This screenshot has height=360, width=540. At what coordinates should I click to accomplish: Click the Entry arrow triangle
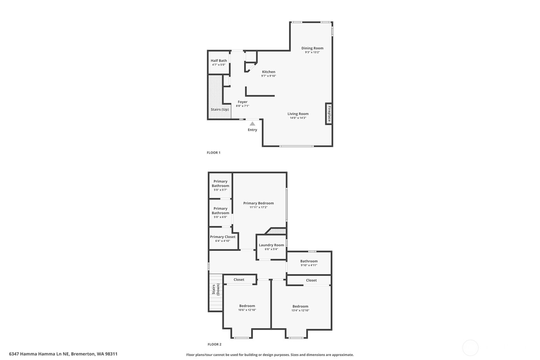click(x=252, y=124)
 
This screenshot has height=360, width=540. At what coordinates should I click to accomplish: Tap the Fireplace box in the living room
click(x=329, y=114)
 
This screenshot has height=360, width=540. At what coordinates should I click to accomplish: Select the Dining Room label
click(x=312, y=48)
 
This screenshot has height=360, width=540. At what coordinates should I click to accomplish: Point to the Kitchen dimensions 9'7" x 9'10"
click(x=269, y=76)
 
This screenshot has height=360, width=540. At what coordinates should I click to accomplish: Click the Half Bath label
click(x=219, y=61)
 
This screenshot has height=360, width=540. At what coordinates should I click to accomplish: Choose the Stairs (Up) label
click(x=220, y=109)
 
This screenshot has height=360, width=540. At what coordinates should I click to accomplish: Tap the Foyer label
click(x=242, y=102)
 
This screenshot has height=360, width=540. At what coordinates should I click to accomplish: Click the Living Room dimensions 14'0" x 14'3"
click(x=298, y=118)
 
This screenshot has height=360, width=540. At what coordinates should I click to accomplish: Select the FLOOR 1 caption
click(x=214, y=153)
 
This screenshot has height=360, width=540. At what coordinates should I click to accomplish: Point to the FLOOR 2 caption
click(x=214, y=344)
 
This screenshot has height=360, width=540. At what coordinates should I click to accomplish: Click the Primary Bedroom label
click(x=258, y=203)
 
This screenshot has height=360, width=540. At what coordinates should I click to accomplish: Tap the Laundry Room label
click(x=271, y=245)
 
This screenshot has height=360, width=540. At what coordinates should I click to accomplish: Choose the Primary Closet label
click(x=222, y=237)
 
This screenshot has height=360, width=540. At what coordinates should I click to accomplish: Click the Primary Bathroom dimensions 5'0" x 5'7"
click(x=220, y=190)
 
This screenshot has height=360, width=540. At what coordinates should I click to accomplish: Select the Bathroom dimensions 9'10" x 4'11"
click(x=309, y=265)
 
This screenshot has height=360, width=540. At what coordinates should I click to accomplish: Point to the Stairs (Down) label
click(x=216, y=289)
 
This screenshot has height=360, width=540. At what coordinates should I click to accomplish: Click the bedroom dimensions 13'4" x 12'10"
click(x=300, y=311)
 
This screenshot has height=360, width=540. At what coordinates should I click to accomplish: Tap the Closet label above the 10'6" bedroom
click(x=239, y=280)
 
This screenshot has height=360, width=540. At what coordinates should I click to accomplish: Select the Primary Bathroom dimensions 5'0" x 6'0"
click(x=220, y=217)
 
